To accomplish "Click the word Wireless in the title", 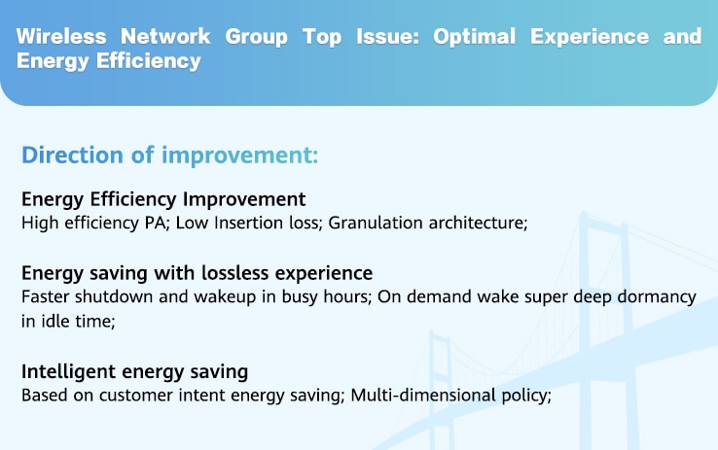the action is click(x=61, y=37).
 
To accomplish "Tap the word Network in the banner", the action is click(x=165, y=37).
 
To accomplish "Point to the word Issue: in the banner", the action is click(x=387, y=37).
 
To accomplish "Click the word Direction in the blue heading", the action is click(x=72, y=156).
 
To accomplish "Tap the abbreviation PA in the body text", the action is click(x=157, y=223).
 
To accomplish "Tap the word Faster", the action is click(x=46, y=296).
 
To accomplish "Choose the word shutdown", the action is click(x=114, y=296).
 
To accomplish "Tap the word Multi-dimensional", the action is click(x=423, y=396).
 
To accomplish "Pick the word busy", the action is click(x=300, y=297).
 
